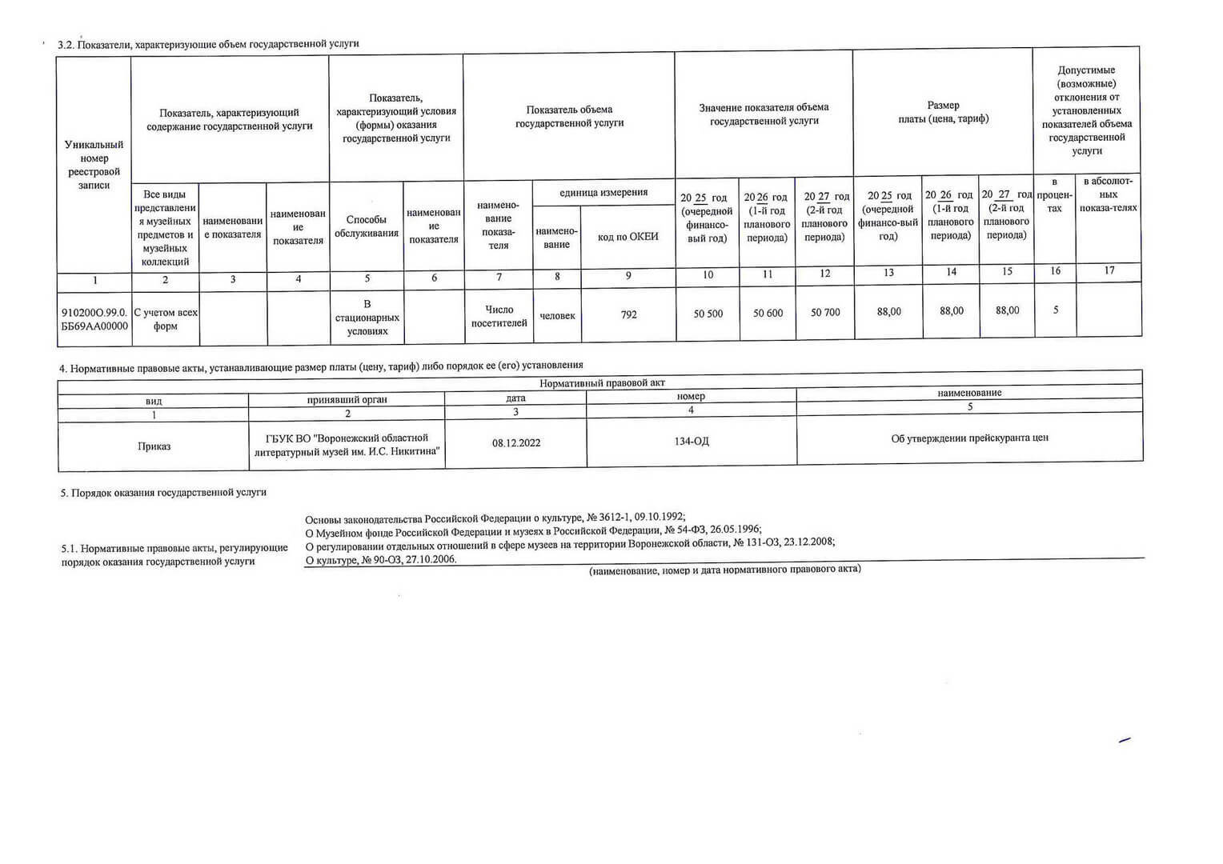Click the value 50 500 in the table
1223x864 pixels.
pyautogui.click(x=708, y=314)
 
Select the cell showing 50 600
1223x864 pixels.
pyautogui.click(x=768, y=314)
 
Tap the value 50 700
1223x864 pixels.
pyautogui.click(x=825, y=313)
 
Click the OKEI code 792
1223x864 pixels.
pyautogui.click(x=628, y=314)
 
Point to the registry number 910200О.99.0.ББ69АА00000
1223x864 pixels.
pyautogui.click(x=94, y=319)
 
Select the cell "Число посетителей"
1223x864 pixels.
pyautogui.click(x=499, y=316)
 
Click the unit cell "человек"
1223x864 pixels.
pyautogui.click(x=557, y=316)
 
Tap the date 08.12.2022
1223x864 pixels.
pyautogui.click(x=516, y=442)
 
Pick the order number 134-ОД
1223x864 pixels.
pyautogui.click(x=691, y=442)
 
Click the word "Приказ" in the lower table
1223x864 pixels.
pyautogui.click(x=154, y=446)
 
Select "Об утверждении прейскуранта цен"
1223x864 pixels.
pyautogui.click(x=969, y=438)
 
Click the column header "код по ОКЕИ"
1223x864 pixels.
pyautogui.click(x=628, y=237)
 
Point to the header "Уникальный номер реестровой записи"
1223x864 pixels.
pyautogui.click(x=94, y=165)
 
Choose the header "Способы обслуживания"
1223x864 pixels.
pyautogui.click(x=367, y=226)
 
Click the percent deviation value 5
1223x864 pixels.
pyautogui.click(x=1056, y=310)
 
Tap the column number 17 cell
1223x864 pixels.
pyautogui.click(x=1109, y=270)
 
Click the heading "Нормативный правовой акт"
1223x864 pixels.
pyautogui.click(x=602, y=383)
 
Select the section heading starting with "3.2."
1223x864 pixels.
pyautogui.click(x=208, y=44)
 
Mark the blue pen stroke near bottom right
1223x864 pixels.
pyautogui.click(x=1125, y=741)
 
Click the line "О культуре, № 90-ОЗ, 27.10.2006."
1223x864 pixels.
pyautogui.click(x=381, y=560)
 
